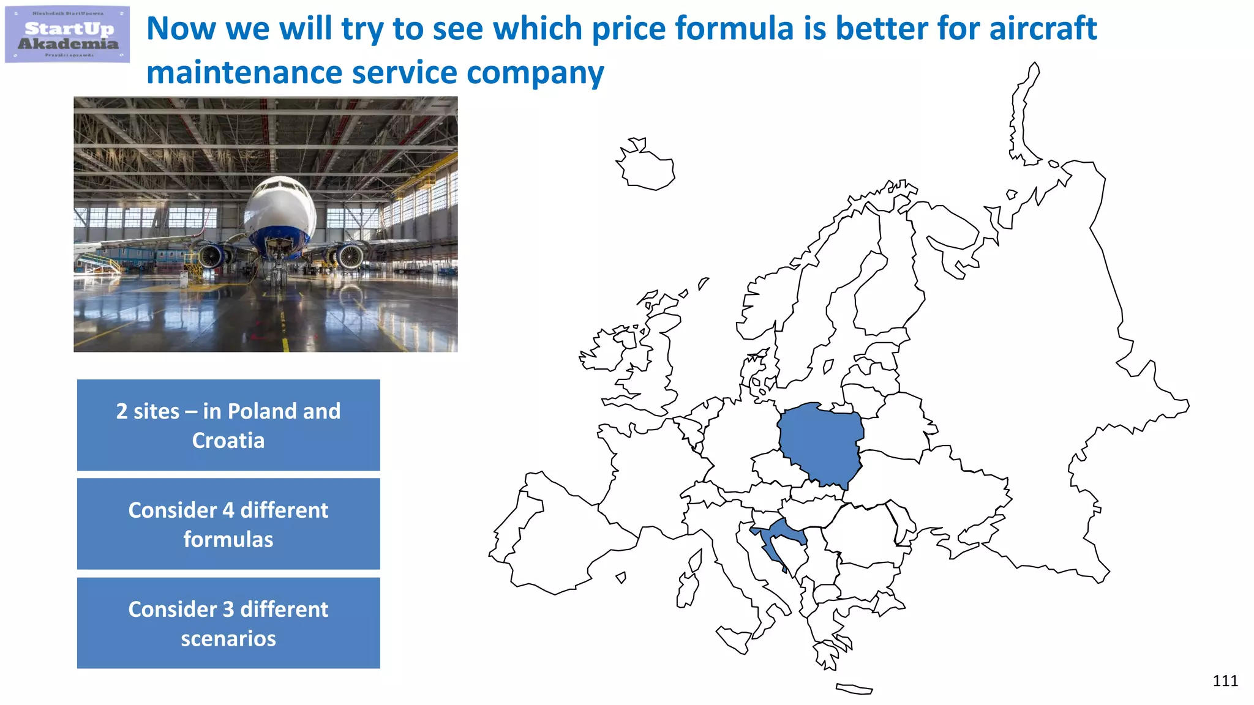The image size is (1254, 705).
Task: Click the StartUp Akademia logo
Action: pyautogui.click(x=67, y=35)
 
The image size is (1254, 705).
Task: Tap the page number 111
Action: pyautogui.click(x=1225, y=681)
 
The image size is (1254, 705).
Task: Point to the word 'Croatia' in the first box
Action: pyautogui.click(x=228, y=441)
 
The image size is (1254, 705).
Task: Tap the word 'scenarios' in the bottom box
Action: pyautogui.click(x=228, y=639)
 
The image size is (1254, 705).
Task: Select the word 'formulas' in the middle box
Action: pyautogui.click(x=228, y=540)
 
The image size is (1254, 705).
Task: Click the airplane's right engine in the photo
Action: pyautogui.click(x=349, y=256)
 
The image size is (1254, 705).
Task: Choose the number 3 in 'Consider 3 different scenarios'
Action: pyautogui.click(x=228, y=610)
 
